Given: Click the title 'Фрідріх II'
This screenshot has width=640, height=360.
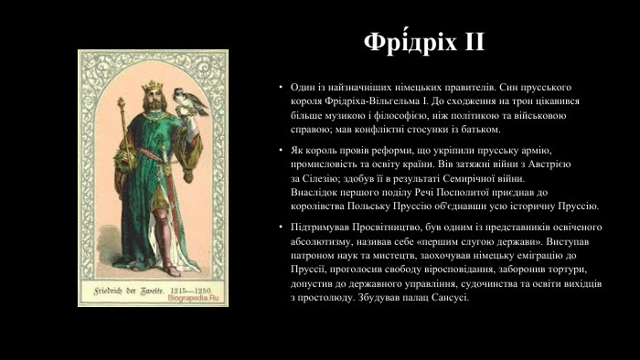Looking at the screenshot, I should tap(423, 43).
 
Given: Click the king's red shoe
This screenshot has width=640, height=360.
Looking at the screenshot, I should tap(170, 270).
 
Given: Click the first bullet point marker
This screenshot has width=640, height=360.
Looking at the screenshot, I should tap(282, 87).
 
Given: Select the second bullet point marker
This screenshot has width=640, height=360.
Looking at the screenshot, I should tap(282, 149).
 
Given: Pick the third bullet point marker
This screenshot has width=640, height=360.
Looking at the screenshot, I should tap(282, 226).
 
